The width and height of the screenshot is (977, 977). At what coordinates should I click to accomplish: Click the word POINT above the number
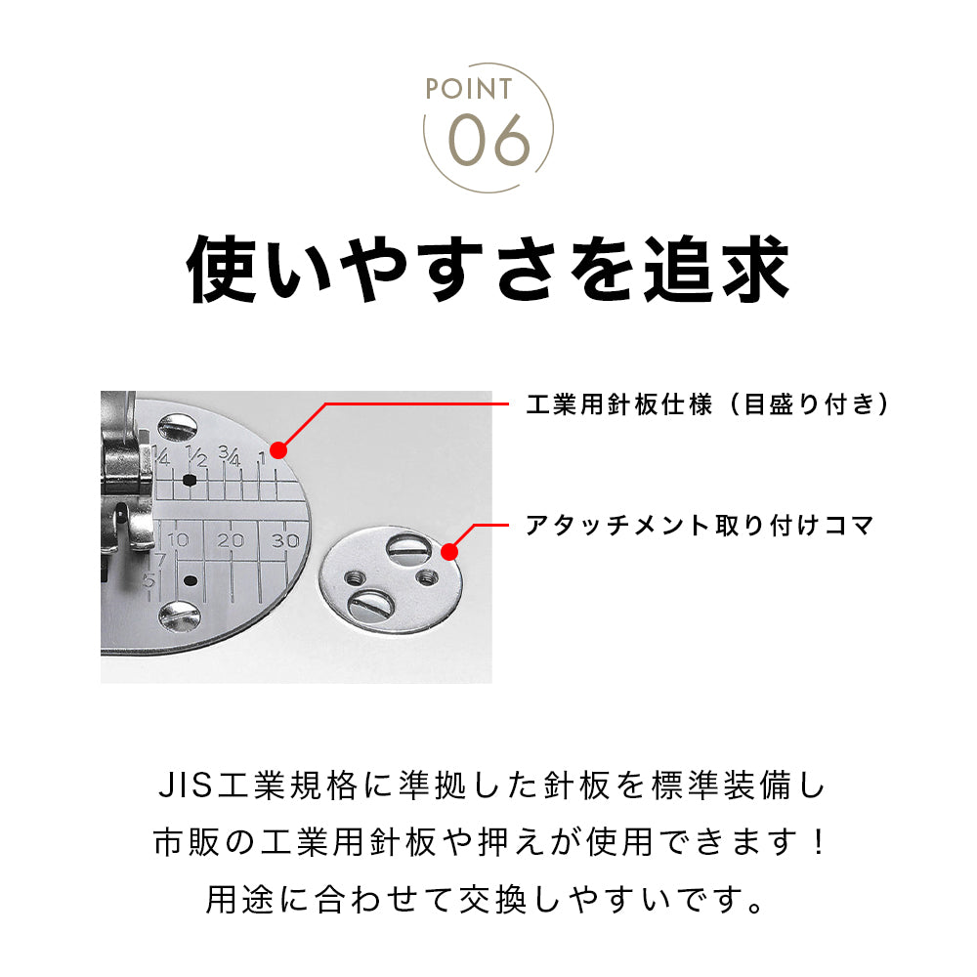coord(469,90)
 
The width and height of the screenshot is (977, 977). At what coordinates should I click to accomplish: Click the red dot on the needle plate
coord(277,450)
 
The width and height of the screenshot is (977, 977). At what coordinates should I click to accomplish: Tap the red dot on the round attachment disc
coord(449,552)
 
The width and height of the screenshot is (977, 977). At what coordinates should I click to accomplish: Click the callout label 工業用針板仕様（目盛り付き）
coord(707,404)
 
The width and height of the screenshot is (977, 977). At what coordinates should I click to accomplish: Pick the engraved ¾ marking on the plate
coord(230,455)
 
